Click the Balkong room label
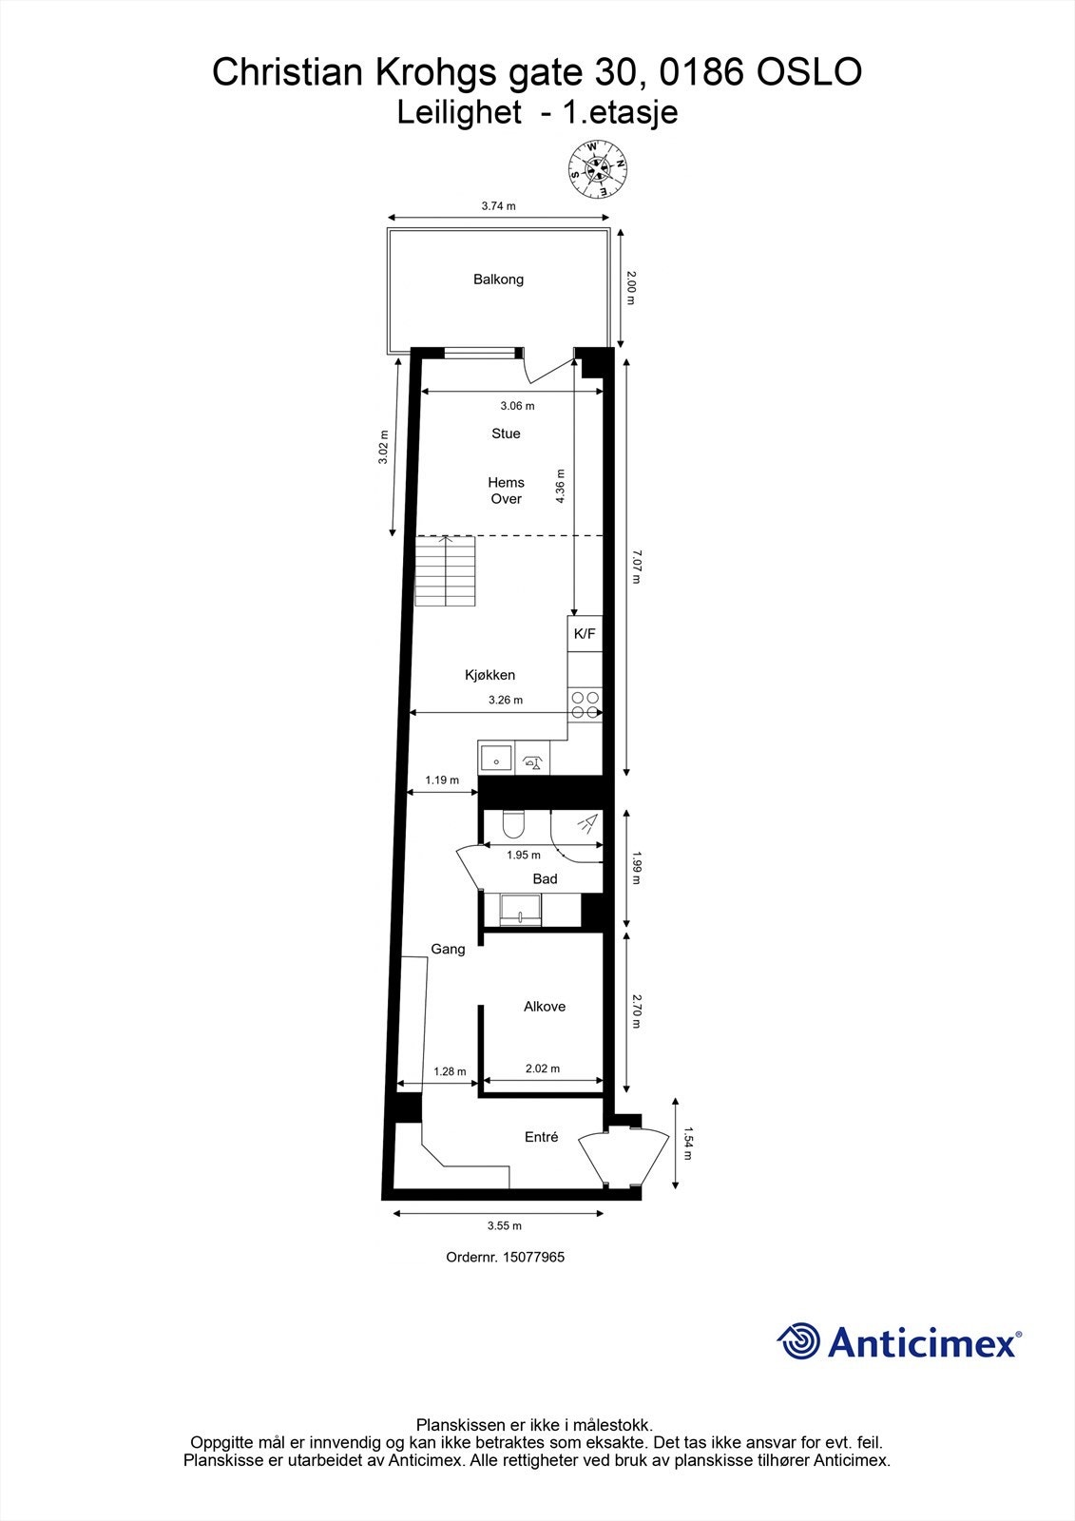pyautogui.click(x=498, y=279)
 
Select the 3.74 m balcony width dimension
pyautogui.click(x=498, y=205)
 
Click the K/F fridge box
pyautogui.click(x=585, y=634)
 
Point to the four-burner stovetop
pyautogui.click(x=585, y=704)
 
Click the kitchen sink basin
pyautogui.click(x=495, y=760)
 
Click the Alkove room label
pyautogui.click(x=545, y=1007)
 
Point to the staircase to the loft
pyautogui.click(x=445, y=570)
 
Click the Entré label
pyautogui.click(x=542, y=1137)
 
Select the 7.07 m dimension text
pyautogui.click(x=636, y=566)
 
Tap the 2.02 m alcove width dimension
pyautogui.click(x=542, y=1069)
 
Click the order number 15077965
pyautogui.click(x=505, y=1257)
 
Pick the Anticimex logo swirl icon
pyautogui.click(x=798, y=1341)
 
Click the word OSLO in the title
pyautogui.click(x=809, y=72)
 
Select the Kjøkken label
pyautogui.click(x=490, y=675)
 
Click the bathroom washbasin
pyautogui.click(x=520, y=910)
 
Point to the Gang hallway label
pyautogui.click(x=448, y=949)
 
